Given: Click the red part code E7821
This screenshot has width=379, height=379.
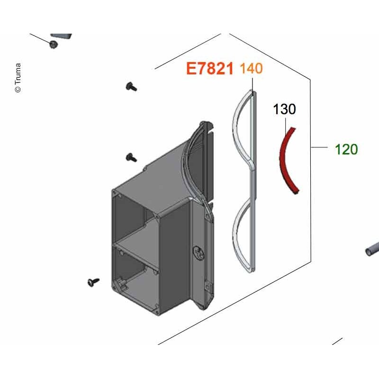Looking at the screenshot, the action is point(209,68).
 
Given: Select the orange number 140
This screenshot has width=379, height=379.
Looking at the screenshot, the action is point(251,68).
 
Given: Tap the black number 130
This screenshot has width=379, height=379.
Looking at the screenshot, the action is point(284,109).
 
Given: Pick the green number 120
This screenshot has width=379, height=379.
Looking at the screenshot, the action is point(346,149).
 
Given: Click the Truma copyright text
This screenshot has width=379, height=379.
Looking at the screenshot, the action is point(18,78).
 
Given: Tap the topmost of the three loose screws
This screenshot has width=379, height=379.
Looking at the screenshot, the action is point(131,87).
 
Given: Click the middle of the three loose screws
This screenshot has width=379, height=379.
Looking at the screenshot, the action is point(131,158).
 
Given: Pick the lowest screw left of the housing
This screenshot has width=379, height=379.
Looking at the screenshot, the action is point(93,282).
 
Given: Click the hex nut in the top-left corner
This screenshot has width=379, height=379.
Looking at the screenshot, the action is point(53,44).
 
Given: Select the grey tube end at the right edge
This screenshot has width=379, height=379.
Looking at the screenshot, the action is point(372,250).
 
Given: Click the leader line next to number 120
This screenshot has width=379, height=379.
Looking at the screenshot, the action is point(319,147).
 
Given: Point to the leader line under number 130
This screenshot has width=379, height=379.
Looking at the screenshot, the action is point(286,126).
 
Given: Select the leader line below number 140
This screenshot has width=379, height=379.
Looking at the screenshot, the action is point(253,86).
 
